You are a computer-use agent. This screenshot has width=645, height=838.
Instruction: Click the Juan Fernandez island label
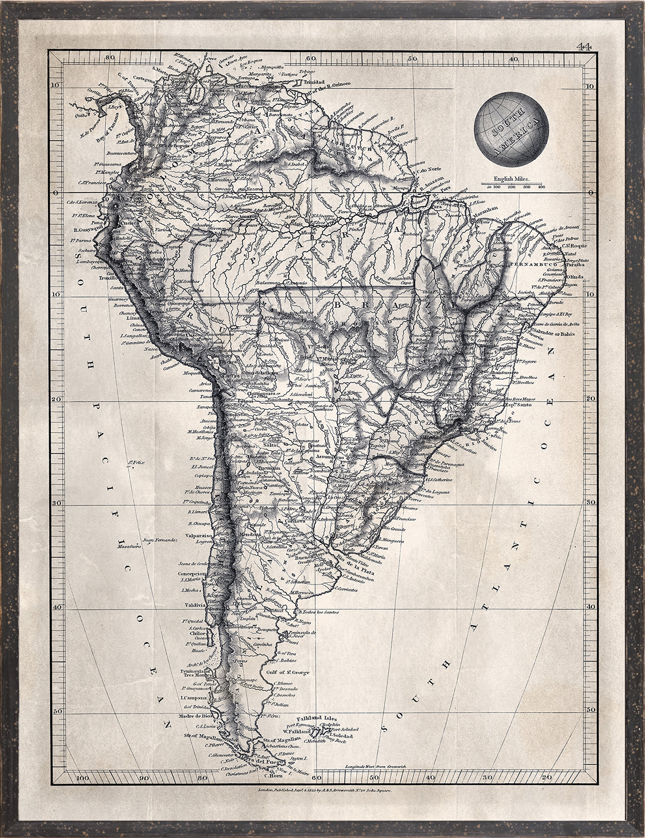pos(160,540)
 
